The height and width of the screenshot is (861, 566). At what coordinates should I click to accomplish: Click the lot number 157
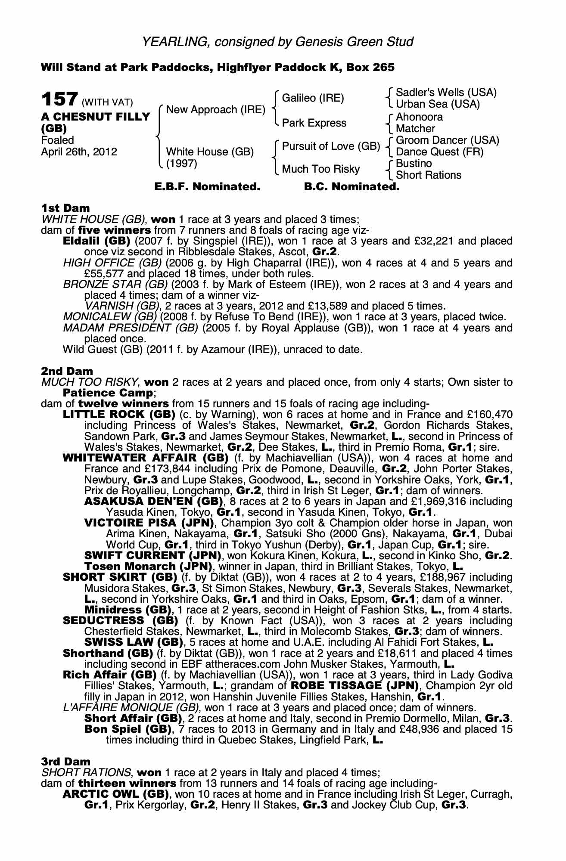59,99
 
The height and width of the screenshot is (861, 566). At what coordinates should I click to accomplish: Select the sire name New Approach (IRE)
215,110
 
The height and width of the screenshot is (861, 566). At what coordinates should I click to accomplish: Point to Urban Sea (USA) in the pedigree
438,104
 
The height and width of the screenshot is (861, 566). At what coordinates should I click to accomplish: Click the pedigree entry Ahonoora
419,117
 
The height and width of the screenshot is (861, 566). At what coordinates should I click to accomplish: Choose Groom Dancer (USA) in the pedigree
447,140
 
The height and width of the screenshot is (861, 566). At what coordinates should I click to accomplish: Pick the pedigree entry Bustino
414,164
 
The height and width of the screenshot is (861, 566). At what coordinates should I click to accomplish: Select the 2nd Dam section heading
67,371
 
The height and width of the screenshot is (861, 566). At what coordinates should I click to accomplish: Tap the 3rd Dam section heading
66,762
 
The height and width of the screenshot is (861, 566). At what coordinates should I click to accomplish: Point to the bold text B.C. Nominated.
351,187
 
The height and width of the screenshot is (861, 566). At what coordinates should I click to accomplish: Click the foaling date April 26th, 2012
79,152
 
